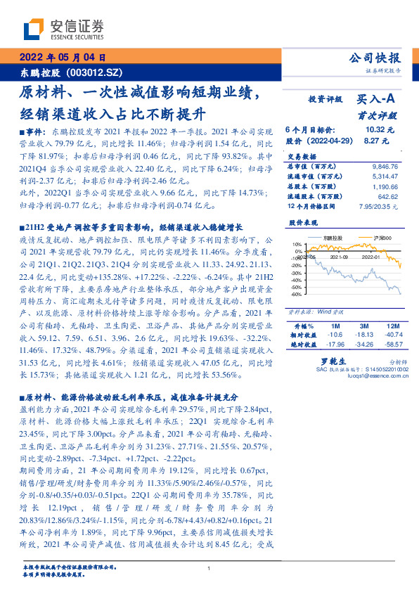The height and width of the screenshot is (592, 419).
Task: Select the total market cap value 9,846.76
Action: click(384, 166)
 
